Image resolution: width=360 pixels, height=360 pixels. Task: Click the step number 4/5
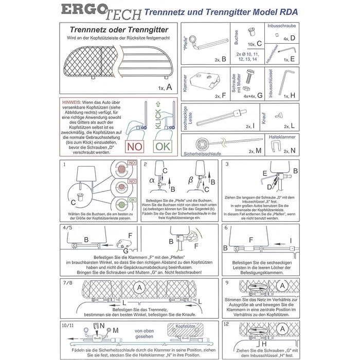[x=67, y=227]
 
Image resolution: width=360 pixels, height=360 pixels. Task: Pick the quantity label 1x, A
[x=157, y=87]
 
